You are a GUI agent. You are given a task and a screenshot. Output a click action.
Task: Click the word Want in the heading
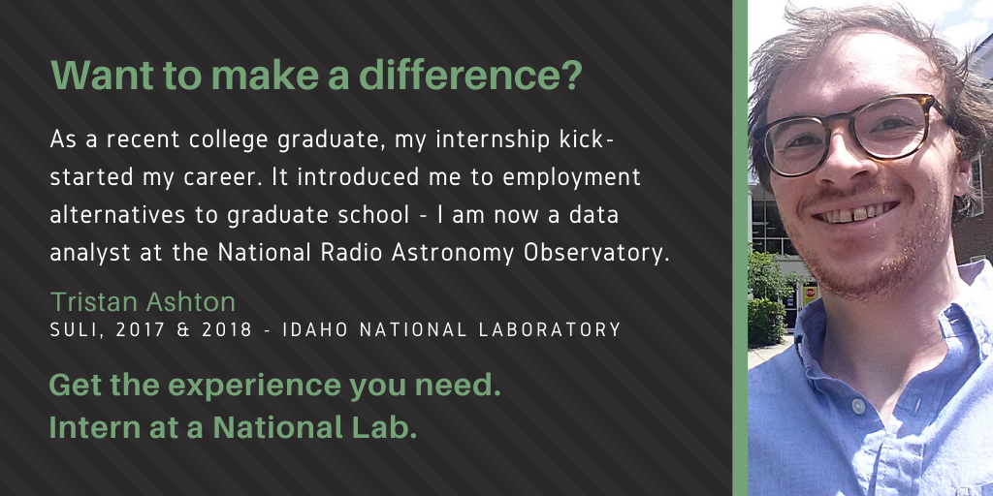(103, 75)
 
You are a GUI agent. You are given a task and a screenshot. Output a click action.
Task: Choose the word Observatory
(596, 253)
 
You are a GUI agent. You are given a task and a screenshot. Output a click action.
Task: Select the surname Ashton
(191, 302)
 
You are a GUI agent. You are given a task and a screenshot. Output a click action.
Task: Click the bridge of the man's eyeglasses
(853, 124)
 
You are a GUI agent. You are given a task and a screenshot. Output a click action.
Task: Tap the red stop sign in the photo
(810, 293)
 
